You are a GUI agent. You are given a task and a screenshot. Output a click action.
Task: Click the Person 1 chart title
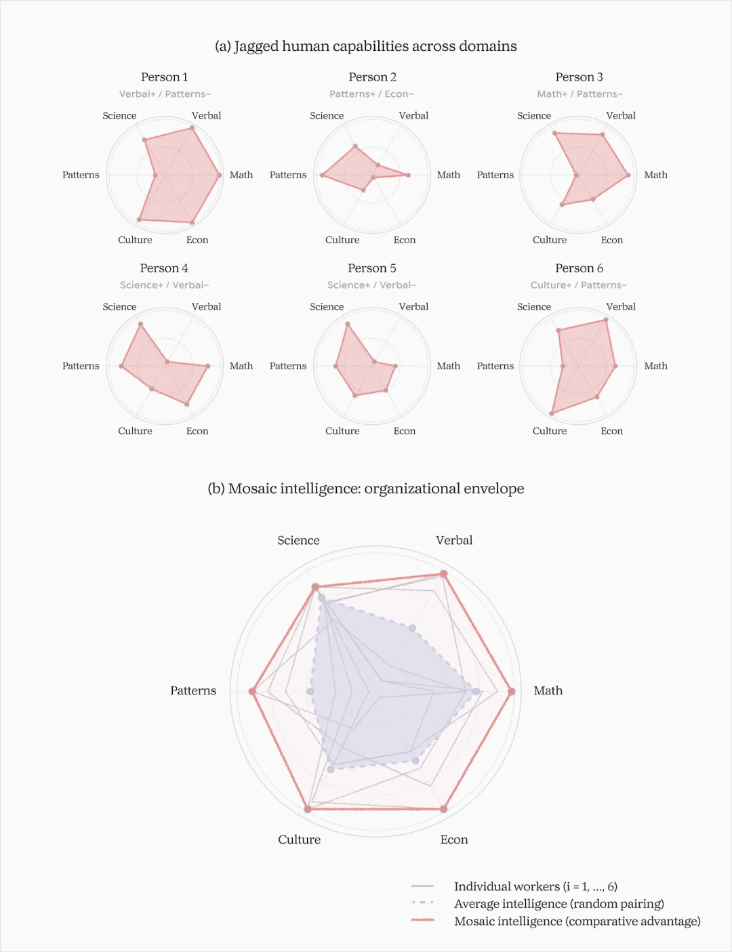click(x=164, y=77)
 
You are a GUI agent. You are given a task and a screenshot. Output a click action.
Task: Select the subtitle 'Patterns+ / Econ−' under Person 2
click(x=371, y=94)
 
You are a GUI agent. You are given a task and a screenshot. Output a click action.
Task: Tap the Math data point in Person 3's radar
click(x=628, y=175)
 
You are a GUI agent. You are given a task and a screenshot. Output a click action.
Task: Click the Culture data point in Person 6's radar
click(x=552, y=413)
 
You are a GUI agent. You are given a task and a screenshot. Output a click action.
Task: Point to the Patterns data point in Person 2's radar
click(x=323, y=175)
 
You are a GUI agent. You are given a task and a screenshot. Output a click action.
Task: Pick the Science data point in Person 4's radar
click(x=140, y=324)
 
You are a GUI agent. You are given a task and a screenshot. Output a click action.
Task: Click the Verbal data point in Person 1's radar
click(x=192, y=128)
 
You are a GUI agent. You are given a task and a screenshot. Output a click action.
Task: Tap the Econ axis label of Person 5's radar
click(x=405, y=431)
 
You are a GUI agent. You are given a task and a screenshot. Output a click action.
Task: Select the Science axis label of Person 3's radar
click(x=533, y=116)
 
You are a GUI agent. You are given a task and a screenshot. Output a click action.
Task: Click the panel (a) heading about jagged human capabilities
click(x=366, y=46)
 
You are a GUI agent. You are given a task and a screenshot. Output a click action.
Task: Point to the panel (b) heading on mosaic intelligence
click(x=366, y=489)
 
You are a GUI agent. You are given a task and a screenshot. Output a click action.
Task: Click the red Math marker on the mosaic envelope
click(x=511, y=691)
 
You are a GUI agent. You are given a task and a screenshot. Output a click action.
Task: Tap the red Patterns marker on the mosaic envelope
click(x=252, y=691)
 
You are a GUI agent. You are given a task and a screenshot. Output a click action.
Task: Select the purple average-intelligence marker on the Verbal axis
click(x=412, y=628)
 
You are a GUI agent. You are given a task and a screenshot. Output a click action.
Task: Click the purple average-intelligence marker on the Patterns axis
click(x=310, y=691)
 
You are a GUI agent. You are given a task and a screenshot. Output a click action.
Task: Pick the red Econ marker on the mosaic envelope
click(x=444, y=809)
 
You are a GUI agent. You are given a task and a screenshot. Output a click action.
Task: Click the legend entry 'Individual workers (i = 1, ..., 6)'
click(x=535, y=886)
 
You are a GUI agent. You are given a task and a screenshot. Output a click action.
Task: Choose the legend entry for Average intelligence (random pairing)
click(x=559, y=903)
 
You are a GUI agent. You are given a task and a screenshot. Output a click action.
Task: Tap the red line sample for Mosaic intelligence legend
click(x=423, y=920)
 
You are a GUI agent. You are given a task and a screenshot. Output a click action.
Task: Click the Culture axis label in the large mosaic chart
click(x=299, y=840)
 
